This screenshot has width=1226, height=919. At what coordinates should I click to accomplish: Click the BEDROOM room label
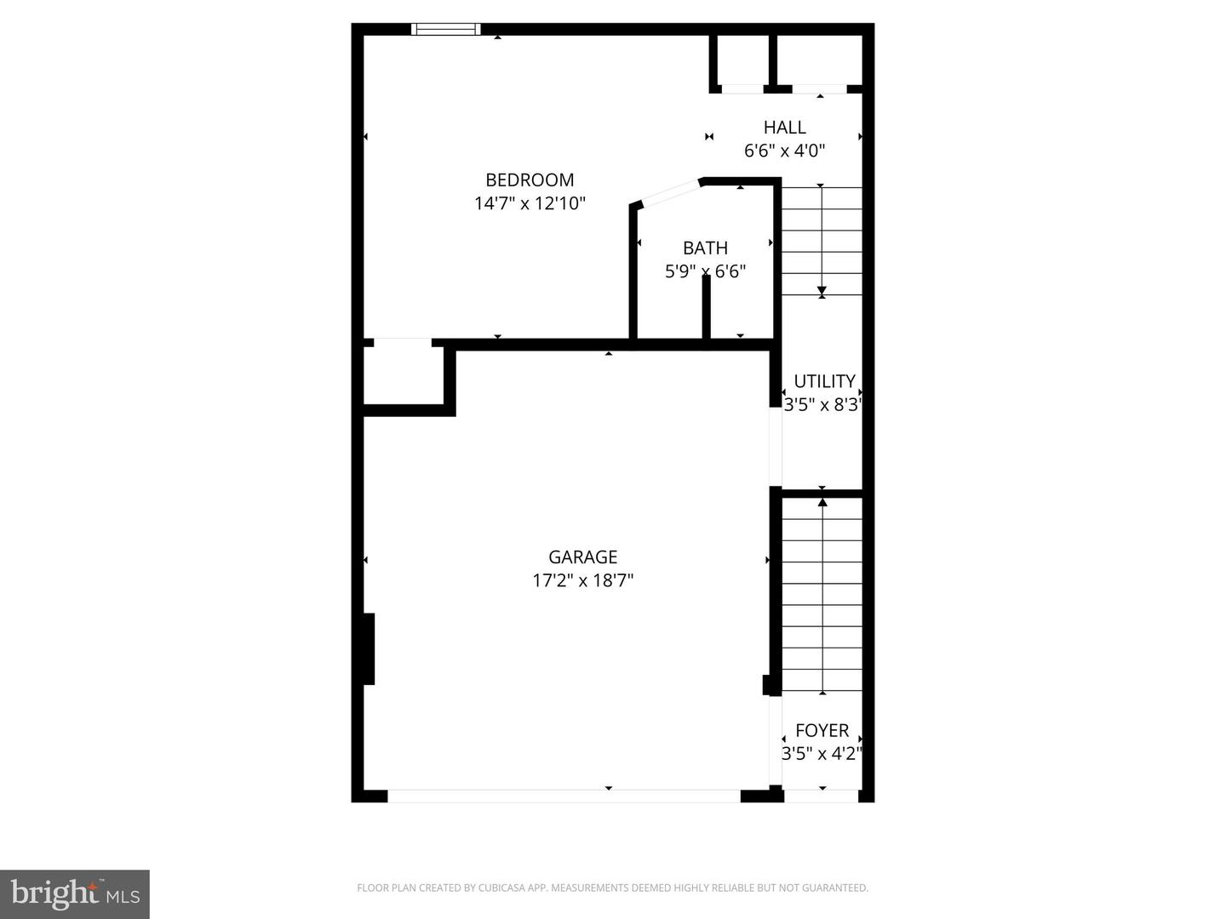pos(530,180)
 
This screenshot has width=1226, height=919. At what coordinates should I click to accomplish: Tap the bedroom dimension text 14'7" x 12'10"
pos(530,203)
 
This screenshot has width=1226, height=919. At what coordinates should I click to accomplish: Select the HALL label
pos(784,128)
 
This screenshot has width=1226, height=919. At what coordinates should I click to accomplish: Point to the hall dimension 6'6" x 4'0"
pos(784,151)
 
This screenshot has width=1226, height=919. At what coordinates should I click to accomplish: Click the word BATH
pos(705,248)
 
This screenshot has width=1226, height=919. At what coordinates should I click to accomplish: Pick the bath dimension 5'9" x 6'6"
pos(705,271)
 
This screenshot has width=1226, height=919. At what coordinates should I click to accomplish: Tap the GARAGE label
pos(582,557)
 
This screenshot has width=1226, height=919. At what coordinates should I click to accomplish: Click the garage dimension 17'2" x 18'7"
pos(582,580)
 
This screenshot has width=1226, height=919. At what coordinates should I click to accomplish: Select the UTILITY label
pos(824,381)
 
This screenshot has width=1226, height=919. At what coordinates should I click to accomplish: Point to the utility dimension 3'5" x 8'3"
pos(823,405)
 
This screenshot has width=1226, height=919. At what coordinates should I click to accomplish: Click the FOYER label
pos(822,730)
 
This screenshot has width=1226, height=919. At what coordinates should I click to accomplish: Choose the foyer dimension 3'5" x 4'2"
pos(822,754)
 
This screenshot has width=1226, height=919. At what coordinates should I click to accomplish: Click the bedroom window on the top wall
pos(445,29)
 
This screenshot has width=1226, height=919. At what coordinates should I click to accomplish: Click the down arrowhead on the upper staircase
pos(822,292)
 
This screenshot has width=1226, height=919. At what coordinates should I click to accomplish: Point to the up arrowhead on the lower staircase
pos(822,502)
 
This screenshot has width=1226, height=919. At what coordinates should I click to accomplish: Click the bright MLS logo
pos(75,893)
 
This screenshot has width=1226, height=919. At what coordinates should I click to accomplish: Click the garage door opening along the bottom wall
pos(564,796)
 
